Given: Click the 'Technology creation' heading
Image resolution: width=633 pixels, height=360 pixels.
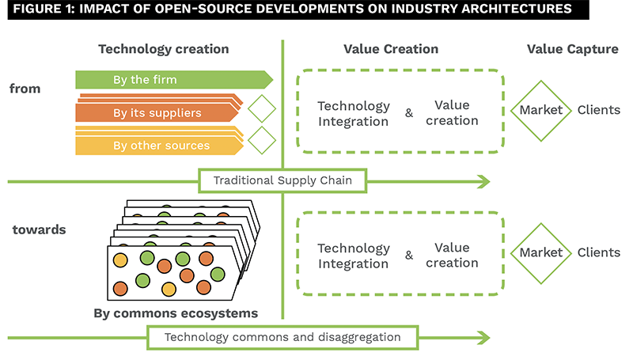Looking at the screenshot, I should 163,49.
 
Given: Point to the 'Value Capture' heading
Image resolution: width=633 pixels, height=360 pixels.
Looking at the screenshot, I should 572,49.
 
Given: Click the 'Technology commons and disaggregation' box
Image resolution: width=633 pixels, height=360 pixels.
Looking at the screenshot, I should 282,337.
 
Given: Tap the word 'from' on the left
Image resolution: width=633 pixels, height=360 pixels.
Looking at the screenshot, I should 25,89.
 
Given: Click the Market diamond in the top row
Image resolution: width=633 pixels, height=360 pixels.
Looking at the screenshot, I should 541,110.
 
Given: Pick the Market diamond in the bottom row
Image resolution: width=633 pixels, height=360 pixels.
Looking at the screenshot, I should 541,253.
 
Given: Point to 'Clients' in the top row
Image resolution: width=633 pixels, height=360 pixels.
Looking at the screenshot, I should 598,110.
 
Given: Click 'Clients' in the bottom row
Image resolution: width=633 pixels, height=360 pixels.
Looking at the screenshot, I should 598,253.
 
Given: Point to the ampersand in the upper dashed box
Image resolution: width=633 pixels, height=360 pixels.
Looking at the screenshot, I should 409,113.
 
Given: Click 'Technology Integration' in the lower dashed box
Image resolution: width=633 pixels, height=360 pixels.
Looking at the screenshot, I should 354,256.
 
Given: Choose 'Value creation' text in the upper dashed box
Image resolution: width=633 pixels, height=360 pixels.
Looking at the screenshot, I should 453,112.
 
